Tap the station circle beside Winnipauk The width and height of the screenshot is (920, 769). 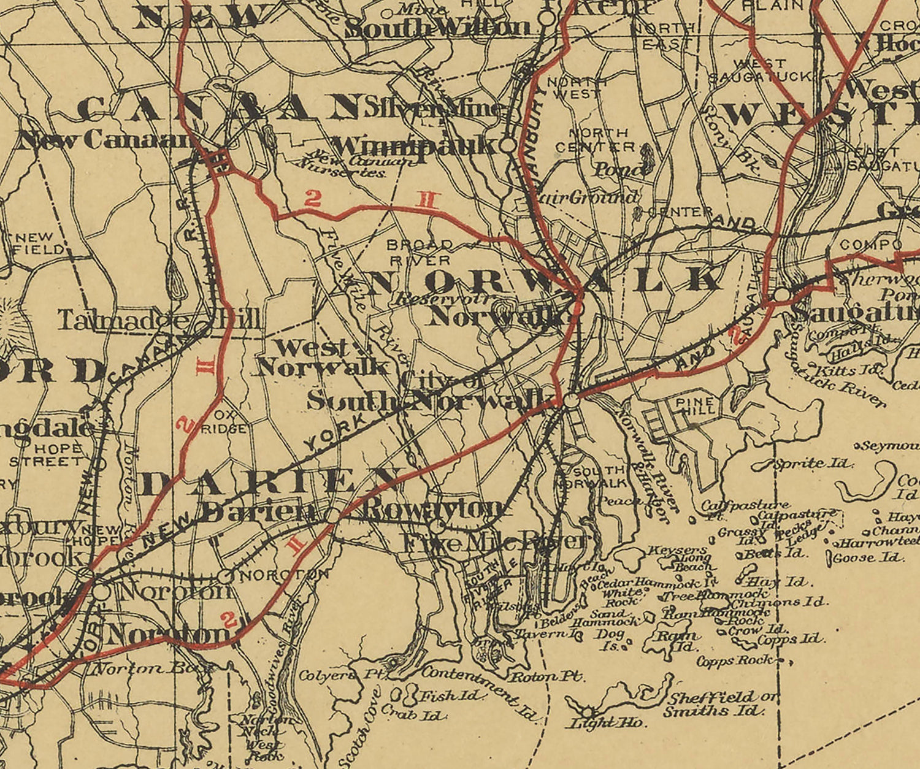coord(508,145)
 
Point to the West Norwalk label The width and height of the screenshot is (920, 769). coord(322,358)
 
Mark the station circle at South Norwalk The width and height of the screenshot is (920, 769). coord(570,400)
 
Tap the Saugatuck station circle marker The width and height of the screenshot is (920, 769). coord(781,295)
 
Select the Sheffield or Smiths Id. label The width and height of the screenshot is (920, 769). coord(715,705)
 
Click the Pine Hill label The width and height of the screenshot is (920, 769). coord(695,406)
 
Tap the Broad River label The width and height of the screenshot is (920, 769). coord(420,252)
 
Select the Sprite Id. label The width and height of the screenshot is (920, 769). coord(813,463)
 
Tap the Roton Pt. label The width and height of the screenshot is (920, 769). coord(547,676)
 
